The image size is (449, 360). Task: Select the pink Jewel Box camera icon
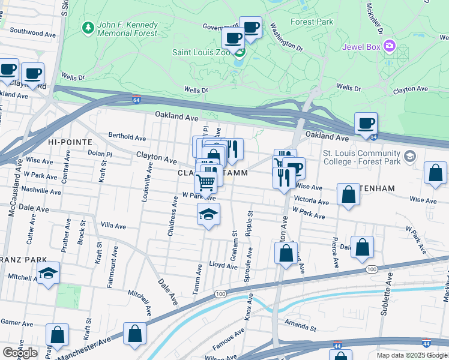point(390,46)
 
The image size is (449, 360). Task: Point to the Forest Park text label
point(311,22)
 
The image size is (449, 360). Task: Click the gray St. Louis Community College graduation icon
point(409,157)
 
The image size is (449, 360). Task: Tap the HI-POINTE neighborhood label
point(70,142)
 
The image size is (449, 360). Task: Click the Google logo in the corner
point(19,353)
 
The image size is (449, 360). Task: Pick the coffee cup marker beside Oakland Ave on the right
point(366,125)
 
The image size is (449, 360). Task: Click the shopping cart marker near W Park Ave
point(205,182)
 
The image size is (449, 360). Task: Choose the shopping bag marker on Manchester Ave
point(134,335)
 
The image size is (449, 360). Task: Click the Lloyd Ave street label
point(223,265)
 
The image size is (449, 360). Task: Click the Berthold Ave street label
point(128,136)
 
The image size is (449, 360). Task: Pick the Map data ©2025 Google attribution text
point(411,355)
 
